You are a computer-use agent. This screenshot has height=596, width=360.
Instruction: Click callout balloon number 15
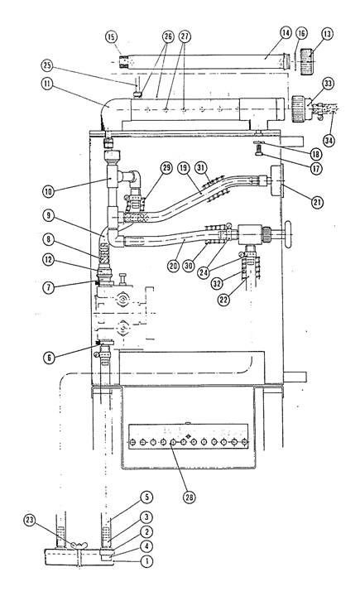[112, 37]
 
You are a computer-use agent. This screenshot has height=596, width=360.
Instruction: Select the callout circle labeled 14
[286, 33]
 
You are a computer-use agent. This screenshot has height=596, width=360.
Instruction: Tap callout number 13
[327, 34]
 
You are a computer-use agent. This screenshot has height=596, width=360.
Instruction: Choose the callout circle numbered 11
[48, 84]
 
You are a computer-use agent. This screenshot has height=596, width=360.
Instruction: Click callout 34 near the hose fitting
[329, 140]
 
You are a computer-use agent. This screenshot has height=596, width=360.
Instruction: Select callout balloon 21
[318, 202]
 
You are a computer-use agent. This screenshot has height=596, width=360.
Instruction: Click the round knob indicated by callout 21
[276, 180]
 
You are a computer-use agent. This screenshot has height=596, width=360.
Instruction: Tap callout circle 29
[167, 167]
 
